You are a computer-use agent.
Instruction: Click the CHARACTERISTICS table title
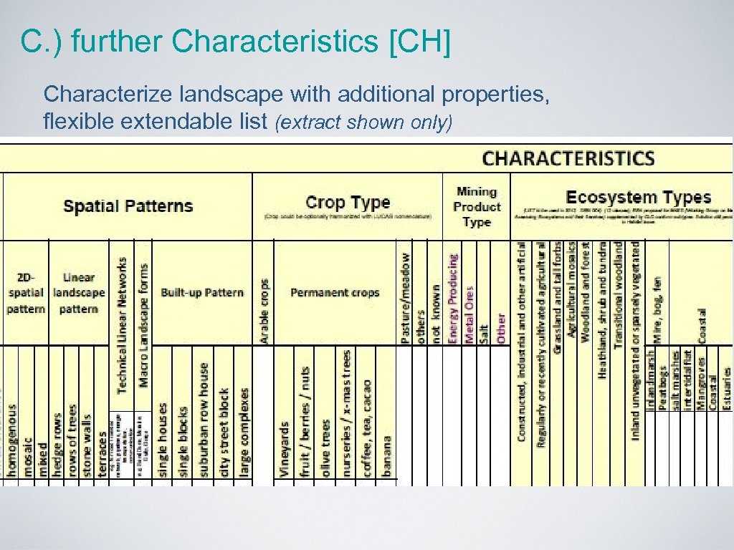point(568,158)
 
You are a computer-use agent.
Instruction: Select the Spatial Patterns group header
point(128,206)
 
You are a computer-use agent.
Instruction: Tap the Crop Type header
point(348,203)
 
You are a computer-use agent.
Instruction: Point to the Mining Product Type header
point(477,207)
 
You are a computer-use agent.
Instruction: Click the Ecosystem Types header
point(638,198)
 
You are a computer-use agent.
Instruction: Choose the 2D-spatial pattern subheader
point(26,292)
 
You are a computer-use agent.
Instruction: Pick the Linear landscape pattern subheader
point(79,292)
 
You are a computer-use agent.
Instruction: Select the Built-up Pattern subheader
point(202,292)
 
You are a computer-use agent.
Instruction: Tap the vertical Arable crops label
point(264,311)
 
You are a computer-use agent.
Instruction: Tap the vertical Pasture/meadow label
point(406,297)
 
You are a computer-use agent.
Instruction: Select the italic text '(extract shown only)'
point(364,122)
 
